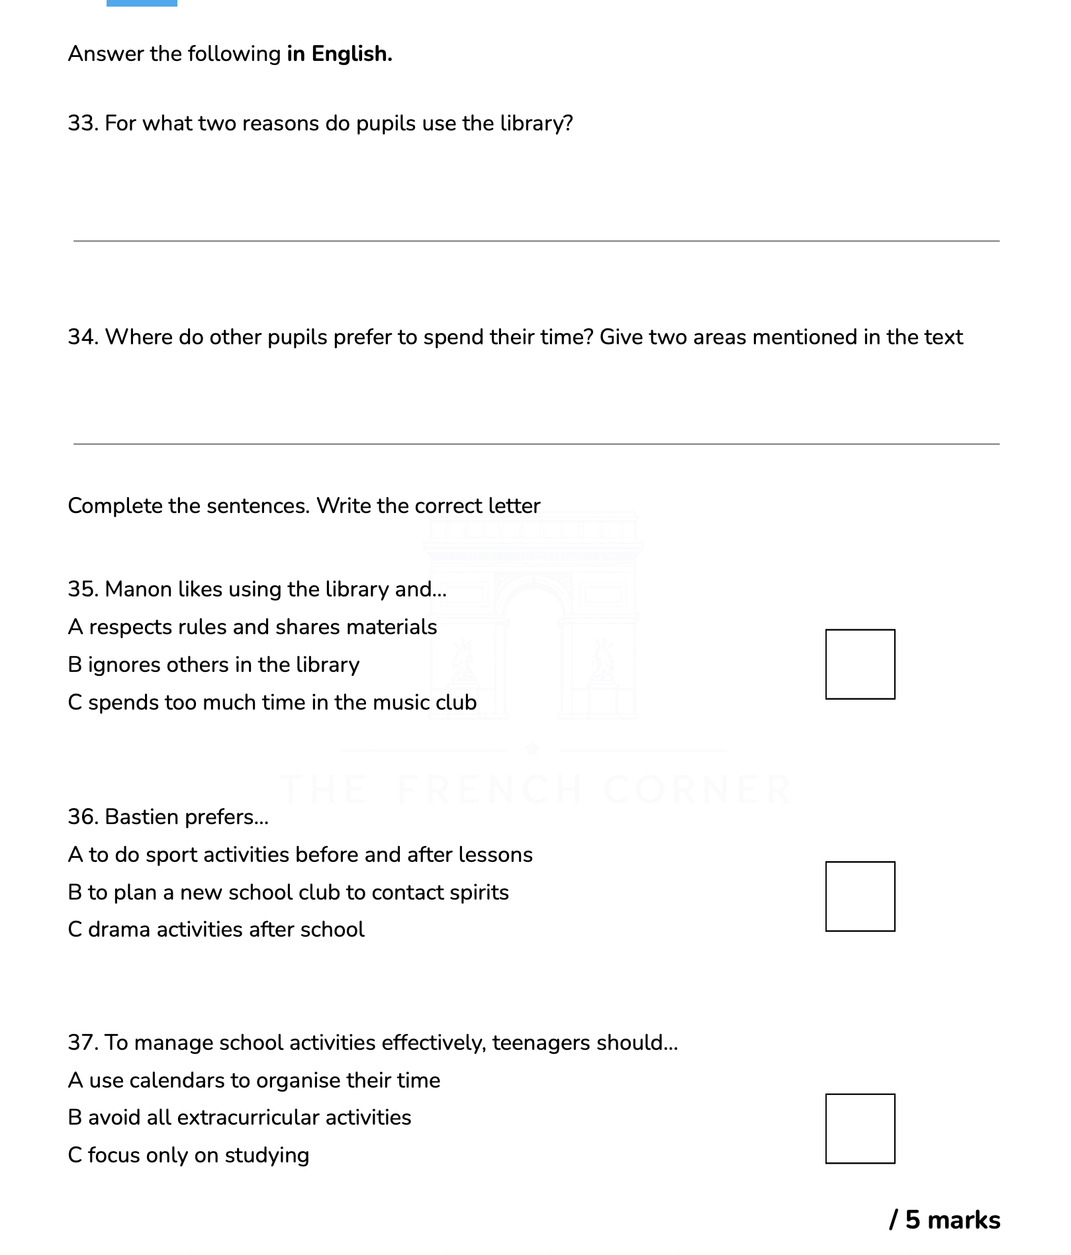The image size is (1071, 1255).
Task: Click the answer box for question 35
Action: [x=860, y=664]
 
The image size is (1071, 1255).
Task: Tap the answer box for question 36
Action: [x=860, y=896]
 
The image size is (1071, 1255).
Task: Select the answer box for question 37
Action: [x=860, y=1129]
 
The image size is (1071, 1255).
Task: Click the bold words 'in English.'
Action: [x=339, y=54]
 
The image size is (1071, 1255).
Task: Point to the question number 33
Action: [x=83, y=124]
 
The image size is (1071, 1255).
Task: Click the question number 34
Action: [x=83, y=338]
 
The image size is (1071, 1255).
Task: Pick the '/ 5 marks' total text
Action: [x=945, y=1220]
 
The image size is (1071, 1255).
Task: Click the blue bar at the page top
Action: [x=142, y=3]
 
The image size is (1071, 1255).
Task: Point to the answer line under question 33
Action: [x=536, y=240]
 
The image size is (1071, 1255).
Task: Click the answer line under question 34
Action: [x=536, y=443]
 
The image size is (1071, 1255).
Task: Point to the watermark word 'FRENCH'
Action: [x=490, y=789]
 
